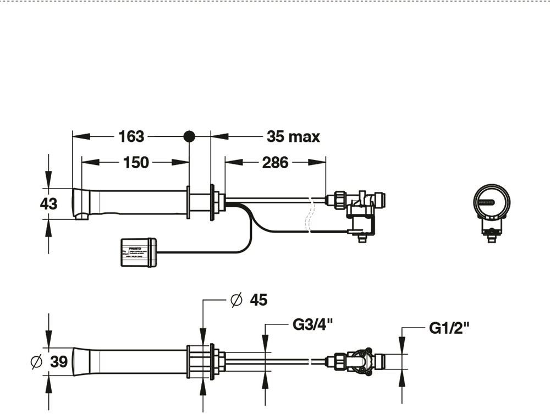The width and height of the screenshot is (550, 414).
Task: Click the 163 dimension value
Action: point(131,136)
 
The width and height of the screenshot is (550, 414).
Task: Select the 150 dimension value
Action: point(136,162)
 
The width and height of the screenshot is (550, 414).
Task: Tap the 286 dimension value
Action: point(275,162)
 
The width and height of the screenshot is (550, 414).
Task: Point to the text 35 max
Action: point(293,136)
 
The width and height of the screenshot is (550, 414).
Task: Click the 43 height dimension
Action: point(48,203)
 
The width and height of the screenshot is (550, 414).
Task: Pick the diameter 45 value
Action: point(258,300)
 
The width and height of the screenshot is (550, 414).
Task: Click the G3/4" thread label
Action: point(313,324)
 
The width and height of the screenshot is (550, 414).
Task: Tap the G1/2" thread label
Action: point(449,328)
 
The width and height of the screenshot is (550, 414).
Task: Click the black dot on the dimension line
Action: point(189,136)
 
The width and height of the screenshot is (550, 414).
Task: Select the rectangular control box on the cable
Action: point(139,252)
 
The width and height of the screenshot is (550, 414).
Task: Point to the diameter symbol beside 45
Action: point(237,300)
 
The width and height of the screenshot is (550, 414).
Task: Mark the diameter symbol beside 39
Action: point(37,362)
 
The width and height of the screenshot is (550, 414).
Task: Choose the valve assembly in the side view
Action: point(358,212)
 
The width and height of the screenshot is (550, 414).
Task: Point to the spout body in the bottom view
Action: point(132,362)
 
